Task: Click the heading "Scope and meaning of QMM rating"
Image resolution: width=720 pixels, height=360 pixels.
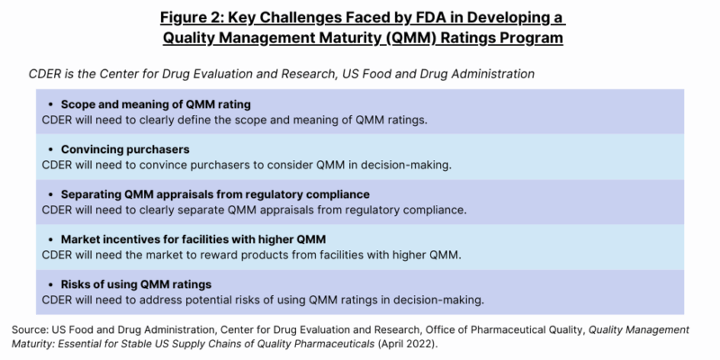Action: click(155, 103)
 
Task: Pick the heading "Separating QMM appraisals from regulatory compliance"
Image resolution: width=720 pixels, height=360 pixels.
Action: click(215, 193)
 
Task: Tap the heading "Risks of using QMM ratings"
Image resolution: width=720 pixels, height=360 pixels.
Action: click(136, 283)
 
